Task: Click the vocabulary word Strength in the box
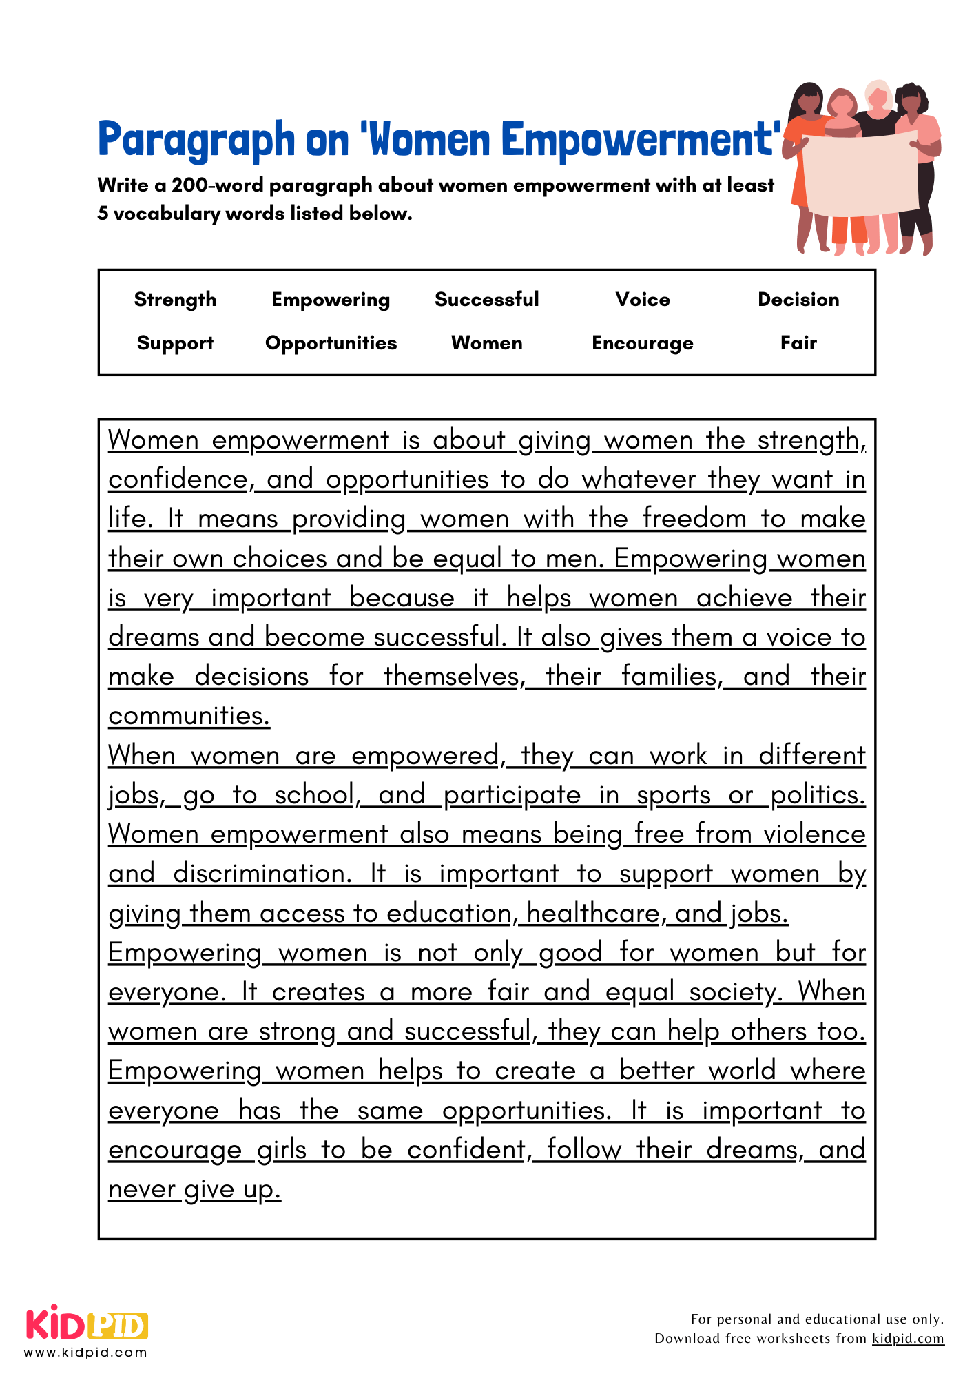coord(175,300)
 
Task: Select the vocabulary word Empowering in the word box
coord(331,300)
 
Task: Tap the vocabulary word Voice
coord(643,300)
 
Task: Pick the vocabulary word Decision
coord(798,300)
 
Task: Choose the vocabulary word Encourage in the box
coord(643,343)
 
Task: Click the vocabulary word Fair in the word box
coord(798,343)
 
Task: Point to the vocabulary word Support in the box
coord(175,343)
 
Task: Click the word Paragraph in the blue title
coord(196,140)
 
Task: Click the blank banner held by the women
coord(861,172)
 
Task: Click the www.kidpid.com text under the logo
coord(86,1353)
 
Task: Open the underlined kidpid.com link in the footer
coord(908,1338)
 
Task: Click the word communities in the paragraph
coord(189,717)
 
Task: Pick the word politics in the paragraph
coord(818,795)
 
